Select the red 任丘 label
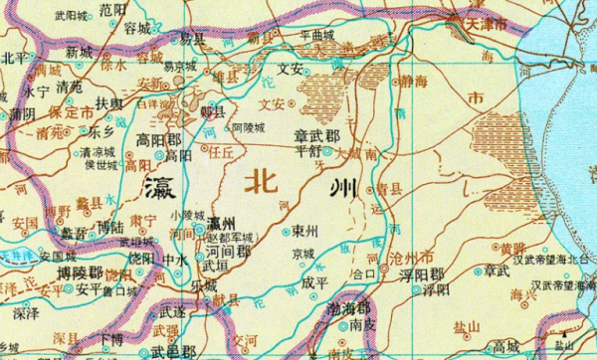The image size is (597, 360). tap(216, 153)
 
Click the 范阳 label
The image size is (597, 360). tap(113, 9)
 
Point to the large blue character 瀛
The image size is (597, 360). tap(160, 186)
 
